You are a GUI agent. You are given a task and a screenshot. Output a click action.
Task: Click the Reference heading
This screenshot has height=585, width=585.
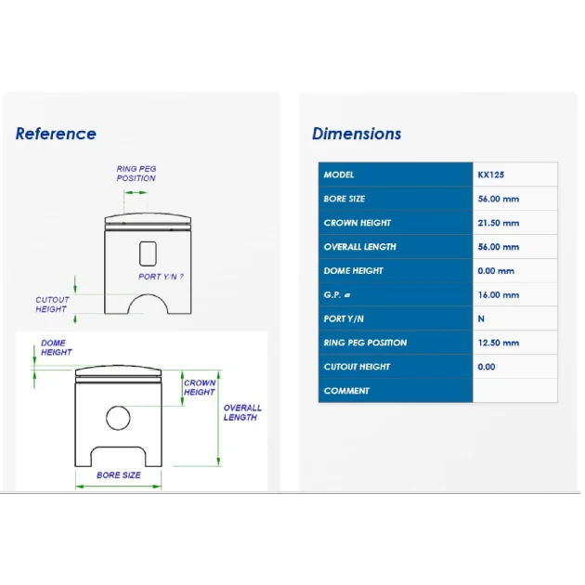(56, 134)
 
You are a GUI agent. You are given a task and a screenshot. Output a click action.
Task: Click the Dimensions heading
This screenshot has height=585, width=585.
(357, 134)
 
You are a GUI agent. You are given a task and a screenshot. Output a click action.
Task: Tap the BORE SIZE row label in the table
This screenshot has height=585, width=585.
(344, 199)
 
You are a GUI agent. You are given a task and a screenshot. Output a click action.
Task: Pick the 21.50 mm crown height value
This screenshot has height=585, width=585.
(499, 223)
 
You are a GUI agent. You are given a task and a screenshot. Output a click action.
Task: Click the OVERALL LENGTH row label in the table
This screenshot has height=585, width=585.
(359, 247)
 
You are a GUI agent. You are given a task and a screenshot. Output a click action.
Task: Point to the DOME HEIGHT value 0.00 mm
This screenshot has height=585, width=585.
(496, 271)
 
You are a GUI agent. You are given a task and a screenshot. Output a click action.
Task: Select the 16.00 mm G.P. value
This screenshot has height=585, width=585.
(499, 294)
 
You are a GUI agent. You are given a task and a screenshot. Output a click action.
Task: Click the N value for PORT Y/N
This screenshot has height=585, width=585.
(481, 319)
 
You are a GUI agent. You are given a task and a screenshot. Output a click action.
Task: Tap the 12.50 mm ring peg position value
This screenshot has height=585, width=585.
(499, 343)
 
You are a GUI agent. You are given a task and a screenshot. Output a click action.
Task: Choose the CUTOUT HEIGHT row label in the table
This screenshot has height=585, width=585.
(357, 367)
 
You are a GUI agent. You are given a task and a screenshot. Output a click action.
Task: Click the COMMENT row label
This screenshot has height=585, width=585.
(346, 391)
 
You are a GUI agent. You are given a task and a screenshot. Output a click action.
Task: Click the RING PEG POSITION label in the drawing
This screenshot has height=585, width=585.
(136, 174)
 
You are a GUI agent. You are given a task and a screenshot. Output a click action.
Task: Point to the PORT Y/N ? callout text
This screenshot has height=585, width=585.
(161, 277)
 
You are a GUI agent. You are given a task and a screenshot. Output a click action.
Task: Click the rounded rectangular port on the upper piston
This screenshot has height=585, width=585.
(148, 253)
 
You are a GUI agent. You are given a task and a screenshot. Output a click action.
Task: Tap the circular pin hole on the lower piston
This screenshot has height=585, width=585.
(118, 418)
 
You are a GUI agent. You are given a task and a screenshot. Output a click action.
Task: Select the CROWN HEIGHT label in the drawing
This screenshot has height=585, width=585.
(200, 387)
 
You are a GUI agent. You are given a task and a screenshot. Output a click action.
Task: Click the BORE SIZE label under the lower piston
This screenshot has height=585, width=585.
(119, 474)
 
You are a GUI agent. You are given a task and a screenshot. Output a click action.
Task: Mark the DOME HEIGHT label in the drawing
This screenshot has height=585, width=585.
(57, 347)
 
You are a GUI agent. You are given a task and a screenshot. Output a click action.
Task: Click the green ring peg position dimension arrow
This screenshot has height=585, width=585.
(136, 192)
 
